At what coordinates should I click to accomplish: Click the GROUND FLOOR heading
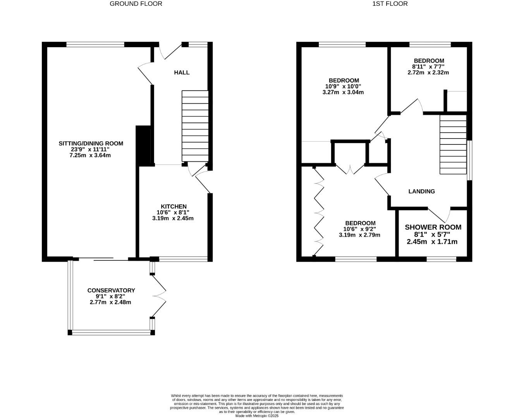point(136,4)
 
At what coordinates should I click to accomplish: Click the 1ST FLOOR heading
point(390,4)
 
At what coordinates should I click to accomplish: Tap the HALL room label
point(182,72)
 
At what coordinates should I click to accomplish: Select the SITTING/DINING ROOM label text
point(91,143)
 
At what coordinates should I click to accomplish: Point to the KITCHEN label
point(174,206)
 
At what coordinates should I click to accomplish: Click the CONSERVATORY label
point(111,290)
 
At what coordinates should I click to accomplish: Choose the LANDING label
point(421,191)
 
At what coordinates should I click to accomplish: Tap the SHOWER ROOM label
point(433,227)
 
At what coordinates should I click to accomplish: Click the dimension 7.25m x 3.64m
point(90,155)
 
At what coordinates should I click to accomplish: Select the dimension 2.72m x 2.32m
point(428,72)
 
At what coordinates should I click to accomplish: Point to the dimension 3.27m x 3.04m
point(343,92)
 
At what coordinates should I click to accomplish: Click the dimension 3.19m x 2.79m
point(359,235)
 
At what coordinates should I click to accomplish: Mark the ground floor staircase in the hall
point(195,126)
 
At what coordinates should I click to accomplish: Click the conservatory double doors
point(159,296)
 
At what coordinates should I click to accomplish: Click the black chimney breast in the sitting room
point(143,146)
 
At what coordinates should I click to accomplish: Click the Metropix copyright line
point(257,416)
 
